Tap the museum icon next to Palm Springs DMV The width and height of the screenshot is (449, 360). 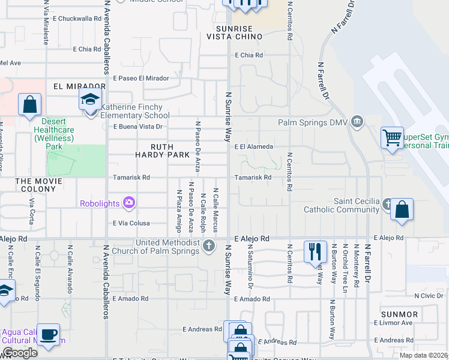pos(358,122)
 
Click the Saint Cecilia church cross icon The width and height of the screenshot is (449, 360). pos(388,203)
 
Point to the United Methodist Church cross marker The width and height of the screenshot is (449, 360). pos(209,245)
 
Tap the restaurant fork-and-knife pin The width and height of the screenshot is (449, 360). pos(315,251)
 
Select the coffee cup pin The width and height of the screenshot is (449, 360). pos(49,333)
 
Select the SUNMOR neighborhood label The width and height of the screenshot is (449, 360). pos(399,314)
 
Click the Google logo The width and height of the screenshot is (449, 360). pos(20,353)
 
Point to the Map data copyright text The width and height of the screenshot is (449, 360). pos(423,355)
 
